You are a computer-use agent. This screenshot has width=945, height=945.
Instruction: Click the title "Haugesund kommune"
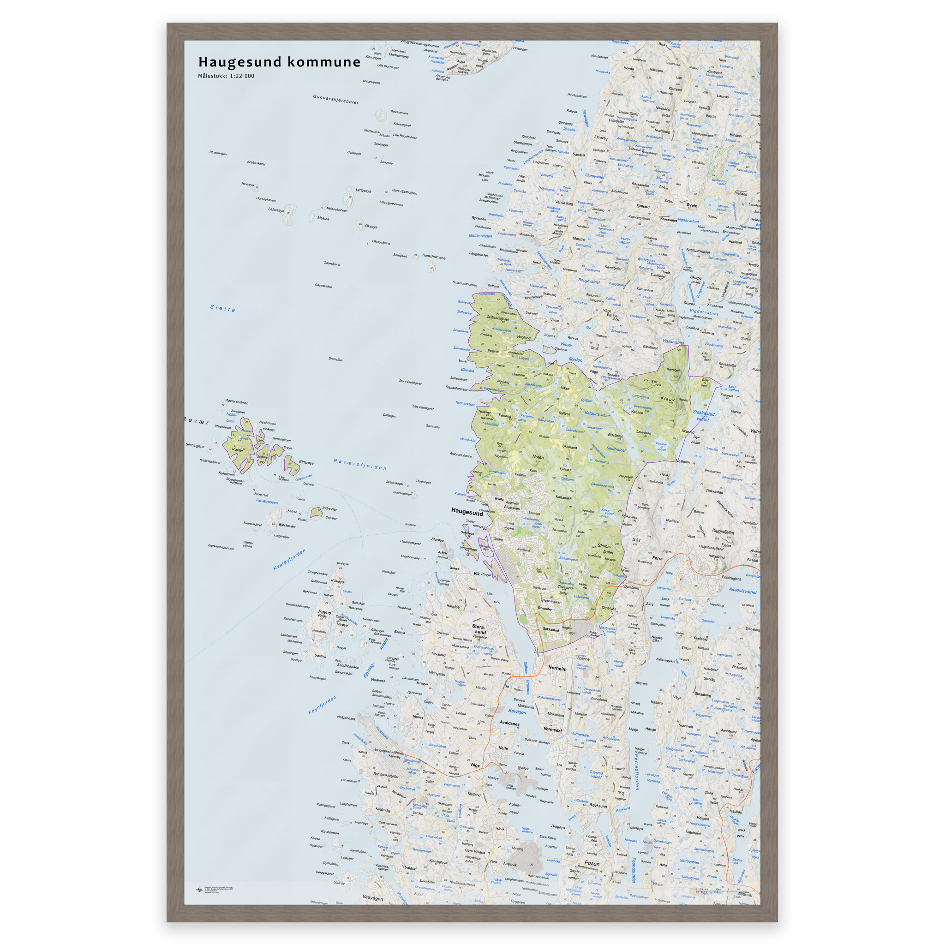pyautogui.click(x=279, y=62)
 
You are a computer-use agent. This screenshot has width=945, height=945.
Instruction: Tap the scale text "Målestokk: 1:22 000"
pyautogui.click(x=226, y=76)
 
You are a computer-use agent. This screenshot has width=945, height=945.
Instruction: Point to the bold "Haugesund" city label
pyautogui.click(x=467, y=512)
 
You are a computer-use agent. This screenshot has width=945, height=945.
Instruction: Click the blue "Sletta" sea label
pyautogui.click(x=222, y=308)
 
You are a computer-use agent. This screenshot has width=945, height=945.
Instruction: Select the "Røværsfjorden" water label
pyautogui.click(x=360, y=464)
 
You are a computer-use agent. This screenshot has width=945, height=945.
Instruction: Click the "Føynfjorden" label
pyautogui.click(x=323, y=705)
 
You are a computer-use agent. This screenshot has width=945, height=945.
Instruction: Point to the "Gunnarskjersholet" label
pyautogui.click(x=335, y=99)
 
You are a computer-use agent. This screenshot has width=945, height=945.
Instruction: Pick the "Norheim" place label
pyautogui.click(x=557, y=668)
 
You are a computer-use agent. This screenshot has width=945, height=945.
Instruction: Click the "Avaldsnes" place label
pyautogui.click(x=510, y=723)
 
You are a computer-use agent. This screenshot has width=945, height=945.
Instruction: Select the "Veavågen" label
pyautogui.click(x=373, y=898)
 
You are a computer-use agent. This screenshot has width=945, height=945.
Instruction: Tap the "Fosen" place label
pyautogui.click(x=592, y=863)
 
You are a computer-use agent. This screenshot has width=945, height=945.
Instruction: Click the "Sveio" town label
pyautogui.click(x=692, y=205)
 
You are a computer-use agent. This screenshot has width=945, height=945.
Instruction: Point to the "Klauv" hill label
pyautogui.click(x=668, y=399)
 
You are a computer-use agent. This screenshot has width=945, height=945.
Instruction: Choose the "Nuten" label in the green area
pyautogui.click(x=538, y=457)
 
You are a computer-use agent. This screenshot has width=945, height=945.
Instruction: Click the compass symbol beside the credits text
pyautogui.click(x=199, y=890)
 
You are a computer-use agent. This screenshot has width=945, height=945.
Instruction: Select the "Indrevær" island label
pyautogui.click(x=329, y=508)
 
